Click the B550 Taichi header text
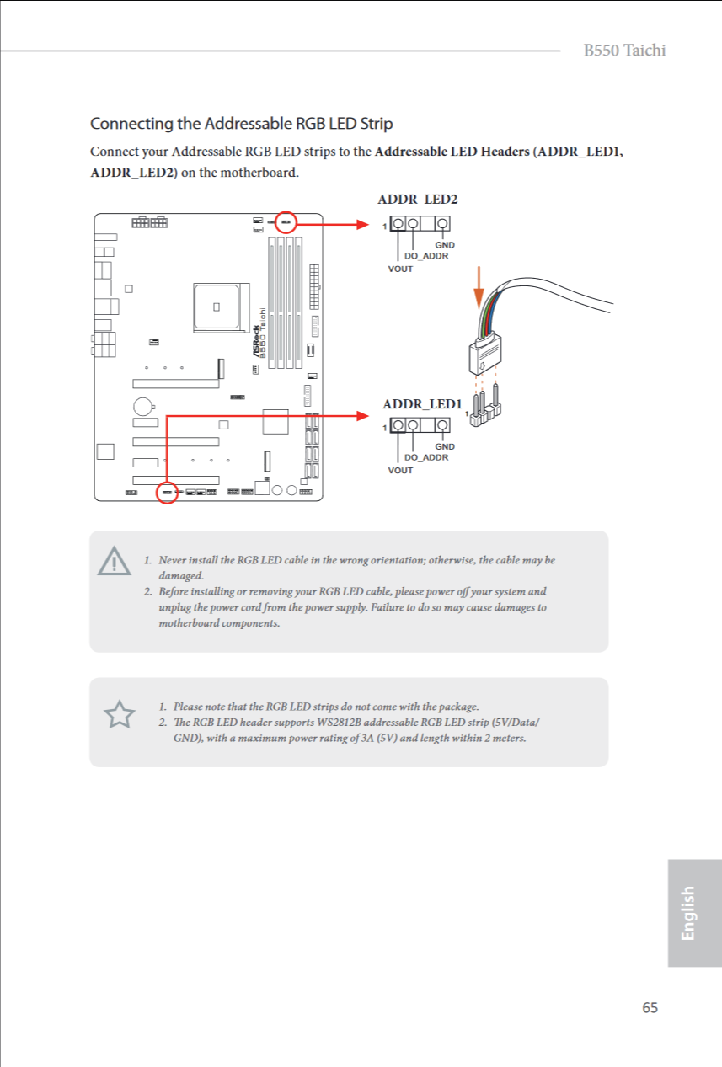point(624,51)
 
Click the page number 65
point(650,1008)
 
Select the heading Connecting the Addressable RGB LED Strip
point(241,124)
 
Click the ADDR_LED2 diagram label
point(417,200)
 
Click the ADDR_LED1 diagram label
point(422,404)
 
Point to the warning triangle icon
point(114,561)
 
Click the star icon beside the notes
point(119,715)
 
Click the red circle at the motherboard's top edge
point(286,222)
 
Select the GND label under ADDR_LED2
point(444,245)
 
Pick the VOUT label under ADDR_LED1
point(400,470)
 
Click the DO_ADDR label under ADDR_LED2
point(426,255)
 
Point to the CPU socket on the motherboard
point(217,306)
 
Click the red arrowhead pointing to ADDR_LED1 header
point(363,415)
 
